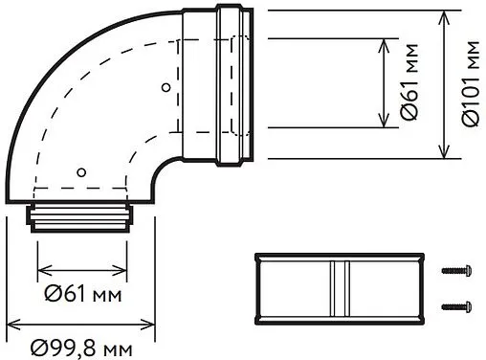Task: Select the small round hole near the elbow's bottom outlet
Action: tap(81, 173)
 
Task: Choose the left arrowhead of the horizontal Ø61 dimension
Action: tap(40, 269)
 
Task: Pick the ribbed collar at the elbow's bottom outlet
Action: tap(82, 216)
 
